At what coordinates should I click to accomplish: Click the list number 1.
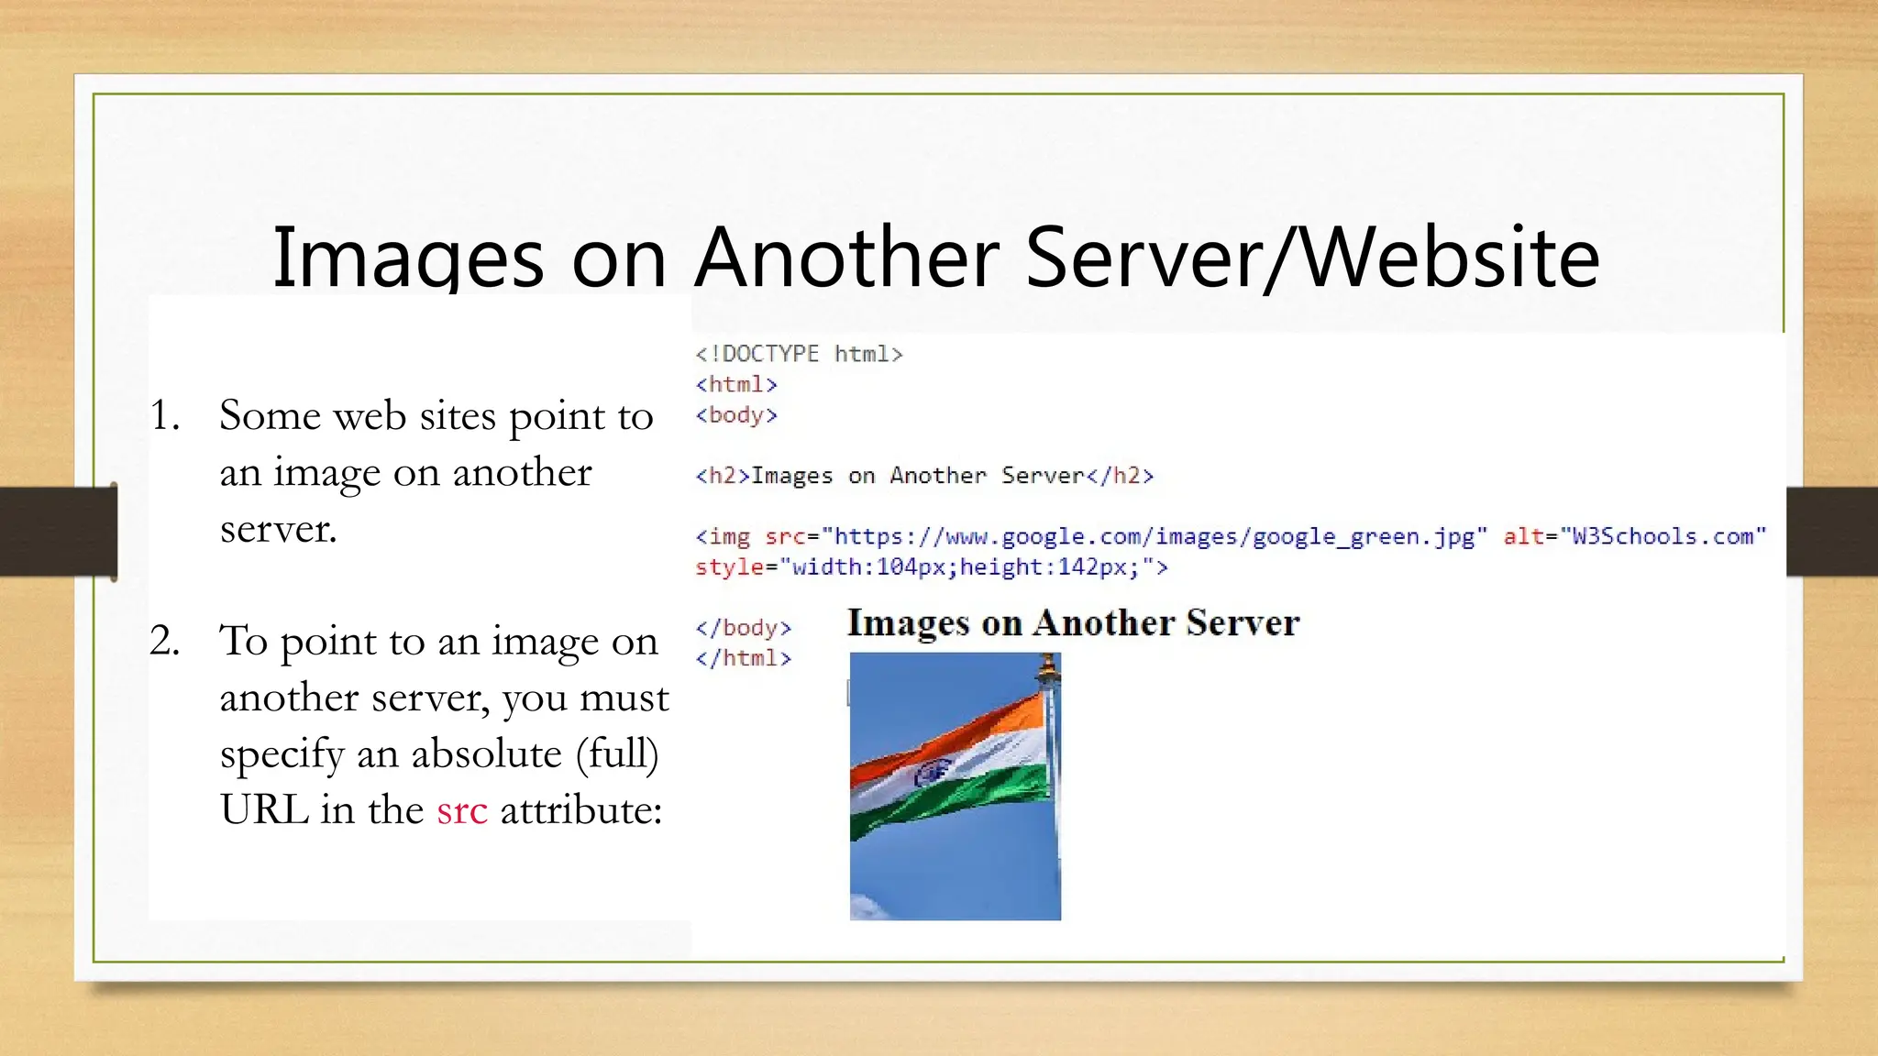point(165,416)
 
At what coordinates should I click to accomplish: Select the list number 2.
point(165,641)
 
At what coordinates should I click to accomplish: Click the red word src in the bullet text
point(461,811)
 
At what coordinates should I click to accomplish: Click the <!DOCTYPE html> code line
point(799,354)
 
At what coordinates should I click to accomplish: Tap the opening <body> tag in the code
point(736,415)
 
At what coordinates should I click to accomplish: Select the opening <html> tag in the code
point(736,384)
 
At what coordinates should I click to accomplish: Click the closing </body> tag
point(743,628)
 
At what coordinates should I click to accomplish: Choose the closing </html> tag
point(743,658)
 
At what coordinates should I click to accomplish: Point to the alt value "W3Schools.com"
point(1662,536)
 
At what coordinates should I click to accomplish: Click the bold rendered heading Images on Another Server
point(1073,623)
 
